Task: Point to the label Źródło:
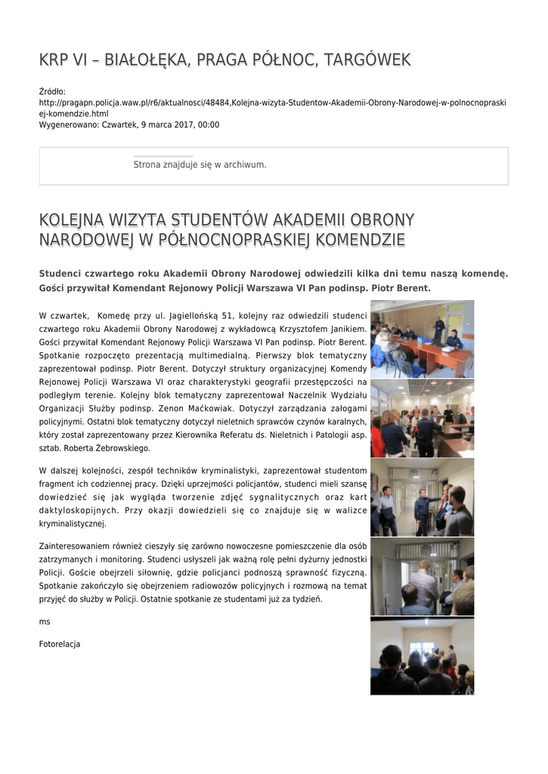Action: pyautogui.click(x=52, y=92)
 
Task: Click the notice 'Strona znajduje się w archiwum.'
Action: pyautogui.click(x=200, y=165)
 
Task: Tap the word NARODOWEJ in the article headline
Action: pyautogui.click(x=87, y=240)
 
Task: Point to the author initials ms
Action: pyautogui.click(x=43, y=621)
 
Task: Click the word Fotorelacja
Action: pyautogui.click(x=59, y=645)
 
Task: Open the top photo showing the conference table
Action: pyautogui.click(x=422, y=339)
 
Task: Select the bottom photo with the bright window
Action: pyautogui.click(x=422, y=656)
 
